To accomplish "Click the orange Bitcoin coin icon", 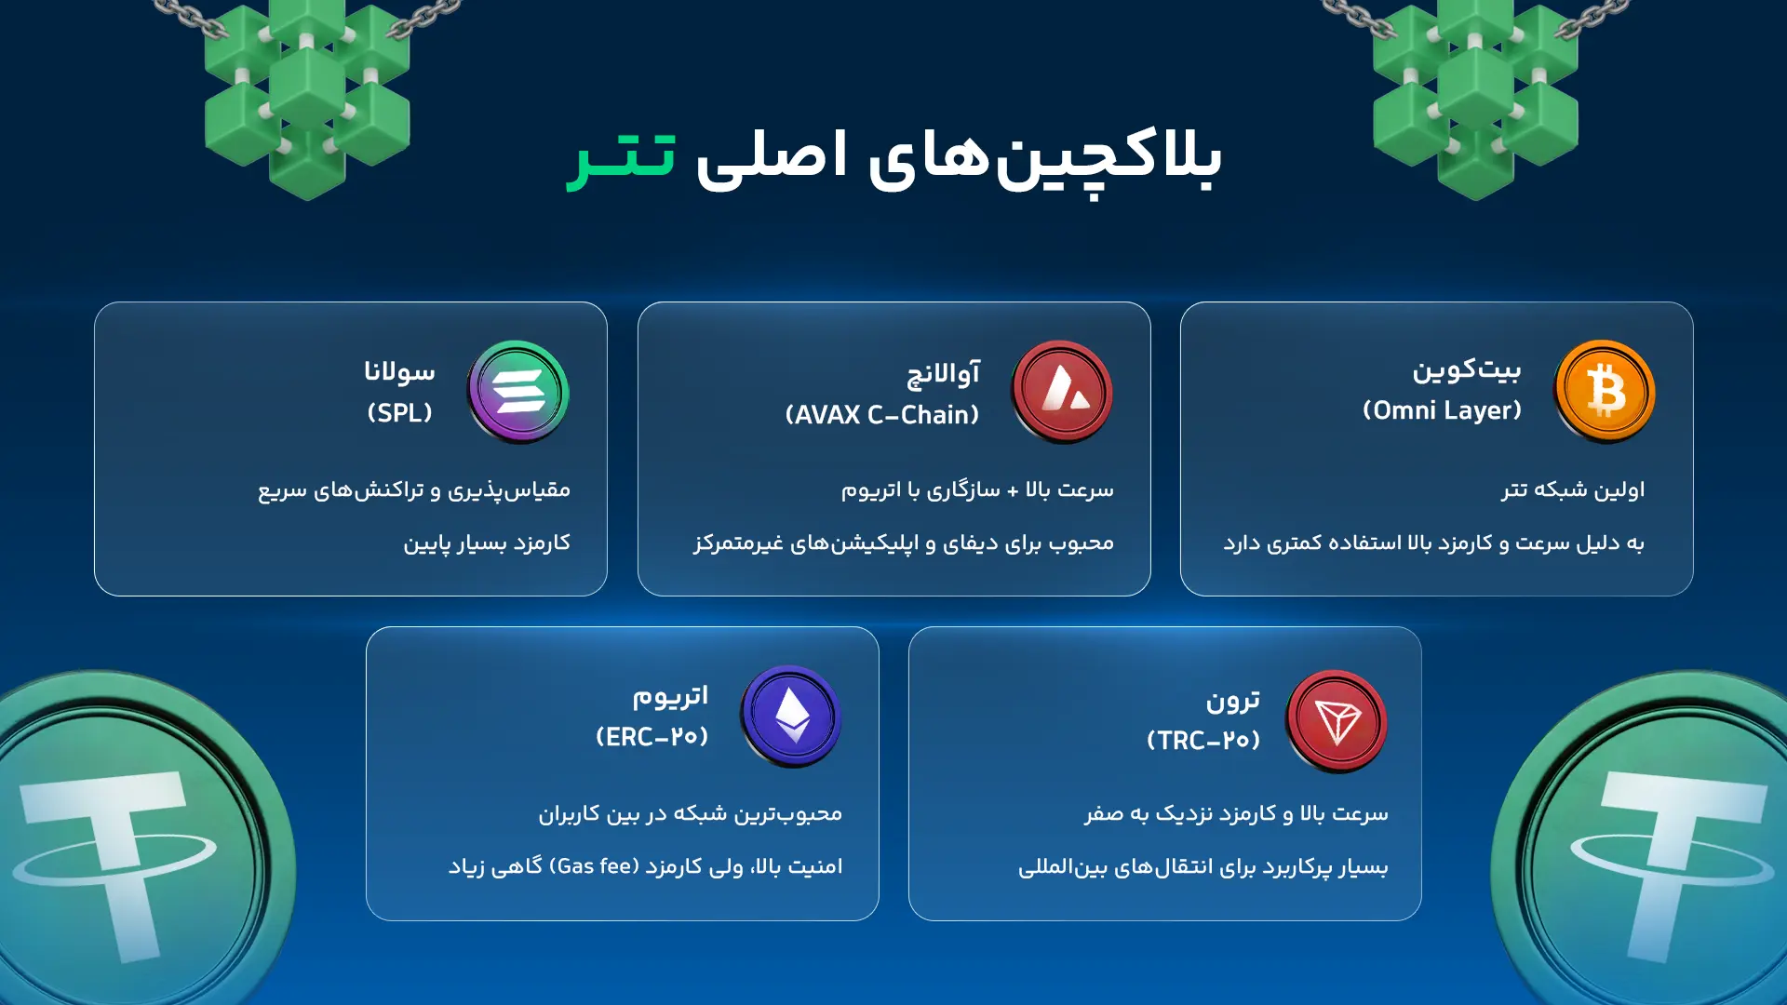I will click(x=1604, y=391).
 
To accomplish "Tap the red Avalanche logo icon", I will click(x=1062, y=391).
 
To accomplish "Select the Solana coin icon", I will click(x=518, y=391).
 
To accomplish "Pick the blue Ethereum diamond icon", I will click(x=791, y=716).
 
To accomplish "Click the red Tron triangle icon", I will click(x=1336, y=721).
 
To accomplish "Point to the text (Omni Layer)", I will click(x=1442, y=410).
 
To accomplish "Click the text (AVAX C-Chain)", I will click(x=882, y=415).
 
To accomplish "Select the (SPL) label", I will click(x=400, y=413).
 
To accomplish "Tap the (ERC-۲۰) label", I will click(x=652, y=737).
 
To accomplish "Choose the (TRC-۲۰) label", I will click(x=1203, y=741).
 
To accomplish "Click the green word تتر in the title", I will click(x=622, y=155).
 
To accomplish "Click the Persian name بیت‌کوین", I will click(x=1467, y=369).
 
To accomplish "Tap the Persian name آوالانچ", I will click(x=943, y=373).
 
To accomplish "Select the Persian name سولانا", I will click(x=399, y=371).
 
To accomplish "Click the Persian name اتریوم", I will click(x=670, y=695).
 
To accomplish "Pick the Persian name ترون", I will click(x=1233, y=700).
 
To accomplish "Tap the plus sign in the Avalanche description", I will click(x=1013, y=490).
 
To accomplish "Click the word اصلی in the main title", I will click(x=772, y=155).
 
